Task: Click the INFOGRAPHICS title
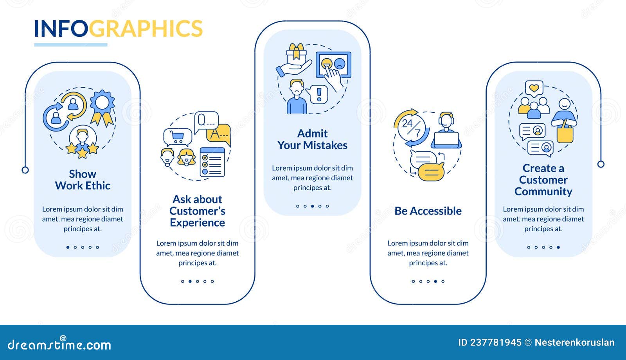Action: click(118, 29)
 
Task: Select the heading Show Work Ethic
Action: click(83, 180)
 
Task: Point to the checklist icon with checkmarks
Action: click(212, 162)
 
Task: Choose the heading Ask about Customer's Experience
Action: click(197, 211)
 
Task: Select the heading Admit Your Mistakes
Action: click(313, 139)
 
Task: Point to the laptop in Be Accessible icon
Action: click(446, 140)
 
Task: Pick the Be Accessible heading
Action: click(428, 211)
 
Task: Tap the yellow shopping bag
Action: click(565, 134)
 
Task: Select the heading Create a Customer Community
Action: click(543, 180)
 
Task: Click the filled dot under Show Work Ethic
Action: click(68, 247)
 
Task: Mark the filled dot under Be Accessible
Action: click(435, 281)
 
